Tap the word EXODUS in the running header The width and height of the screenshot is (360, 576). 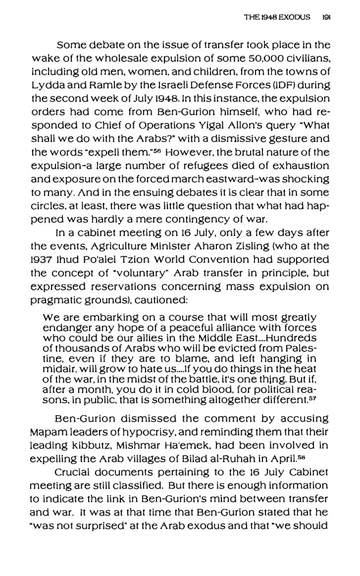[x=294, y=17]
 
